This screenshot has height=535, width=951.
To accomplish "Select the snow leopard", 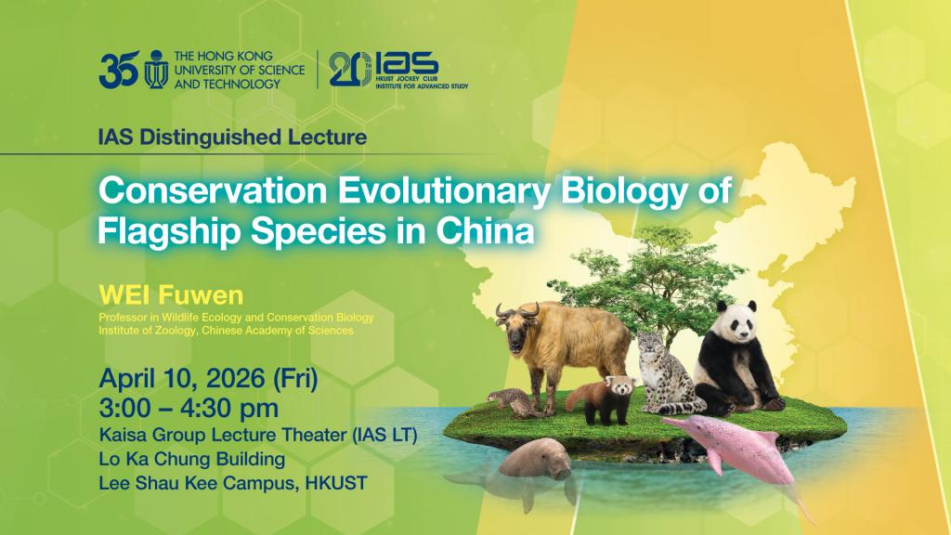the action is [x=667, y=375].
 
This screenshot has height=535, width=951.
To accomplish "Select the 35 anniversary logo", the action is [x=119, y=69].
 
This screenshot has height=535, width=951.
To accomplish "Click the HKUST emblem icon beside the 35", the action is [x=156, y=70].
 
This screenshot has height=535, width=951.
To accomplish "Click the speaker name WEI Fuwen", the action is [x=171, y=296].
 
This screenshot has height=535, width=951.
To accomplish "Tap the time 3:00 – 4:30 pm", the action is [x=189, y=409].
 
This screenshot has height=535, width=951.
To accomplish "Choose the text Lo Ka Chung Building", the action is [x=191, y=459].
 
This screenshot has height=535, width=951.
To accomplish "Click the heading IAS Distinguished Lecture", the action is [x=232, y=137].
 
